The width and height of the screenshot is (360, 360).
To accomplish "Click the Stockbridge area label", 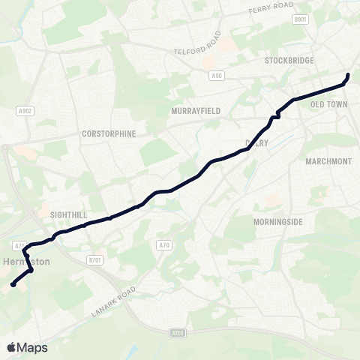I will click(289, 60).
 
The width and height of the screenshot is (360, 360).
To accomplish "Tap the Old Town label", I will click(329, 104).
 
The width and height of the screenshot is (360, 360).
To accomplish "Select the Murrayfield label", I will click(196, 110).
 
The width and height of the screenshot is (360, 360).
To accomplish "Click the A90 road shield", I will click(217, 75).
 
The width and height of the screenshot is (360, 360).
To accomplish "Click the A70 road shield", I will click(165, 244).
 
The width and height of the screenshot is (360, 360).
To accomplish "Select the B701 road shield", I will click(94, 260).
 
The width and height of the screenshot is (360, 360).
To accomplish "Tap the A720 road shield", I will click(177, 332).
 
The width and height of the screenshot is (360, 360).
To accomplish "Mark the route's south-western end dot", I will click(13, 284).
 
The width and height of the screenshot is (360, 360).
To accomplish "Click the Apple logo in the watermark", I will click(13, 347).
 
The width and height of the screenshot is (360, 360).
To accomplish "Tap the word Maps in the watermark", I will click(33, 348).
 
